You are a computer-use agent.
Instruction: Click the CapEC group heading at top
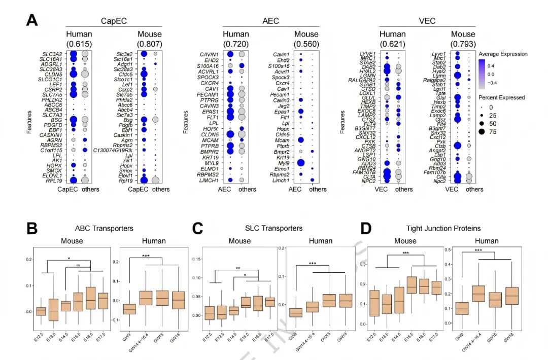pyautogui.click(x=113, y=21)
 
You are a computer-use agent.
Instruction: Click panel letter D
pyautogui.click(x=368, y=229)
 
